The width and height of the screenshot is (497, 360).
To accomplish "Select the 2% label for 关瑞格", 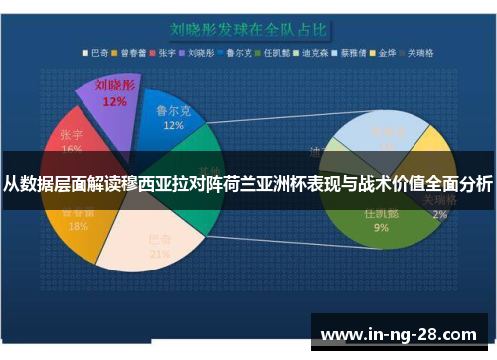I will [x=439, y=214].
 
